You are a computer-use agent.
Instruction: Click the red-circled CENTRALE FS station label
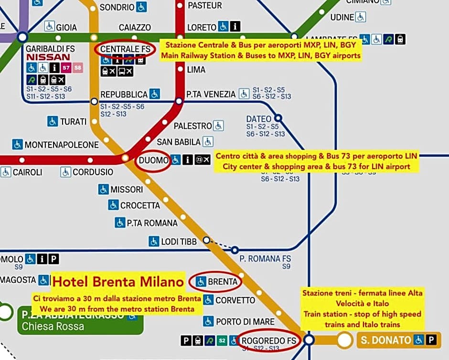click(x=125, y=49)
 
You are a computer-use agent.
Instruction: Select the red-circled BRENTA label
click(x=223, y=282)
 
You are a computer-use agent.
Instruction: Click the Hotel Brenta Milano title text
click(x=118, y=281)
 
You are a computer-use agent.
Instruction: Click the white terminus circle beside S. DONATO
click(x=344, y=340)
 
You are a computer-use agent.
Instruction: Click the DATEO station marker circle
click(x=278, y=117)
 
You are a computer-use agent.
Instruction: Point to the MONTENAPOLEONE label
click(x=62, y=144)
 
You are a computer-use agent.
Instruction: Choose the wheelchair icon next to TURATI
click(x=53, y=121)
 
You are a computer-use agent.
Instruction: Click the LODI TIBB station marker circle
click(x=206, y=241)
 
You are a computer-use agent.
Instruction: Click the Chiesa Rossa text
click(x=53, y=327)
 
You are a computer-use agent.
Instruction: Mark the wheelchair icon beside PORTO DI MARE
click(x=208, y=321)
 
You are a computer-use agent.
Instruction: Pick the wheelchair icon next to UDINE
click(x=361, y=17)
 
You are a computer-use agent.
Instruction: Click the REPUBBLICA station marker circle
click(x=94, y=101)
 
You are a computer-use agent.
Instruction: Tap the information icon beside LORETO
click(x=235, y=27)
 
